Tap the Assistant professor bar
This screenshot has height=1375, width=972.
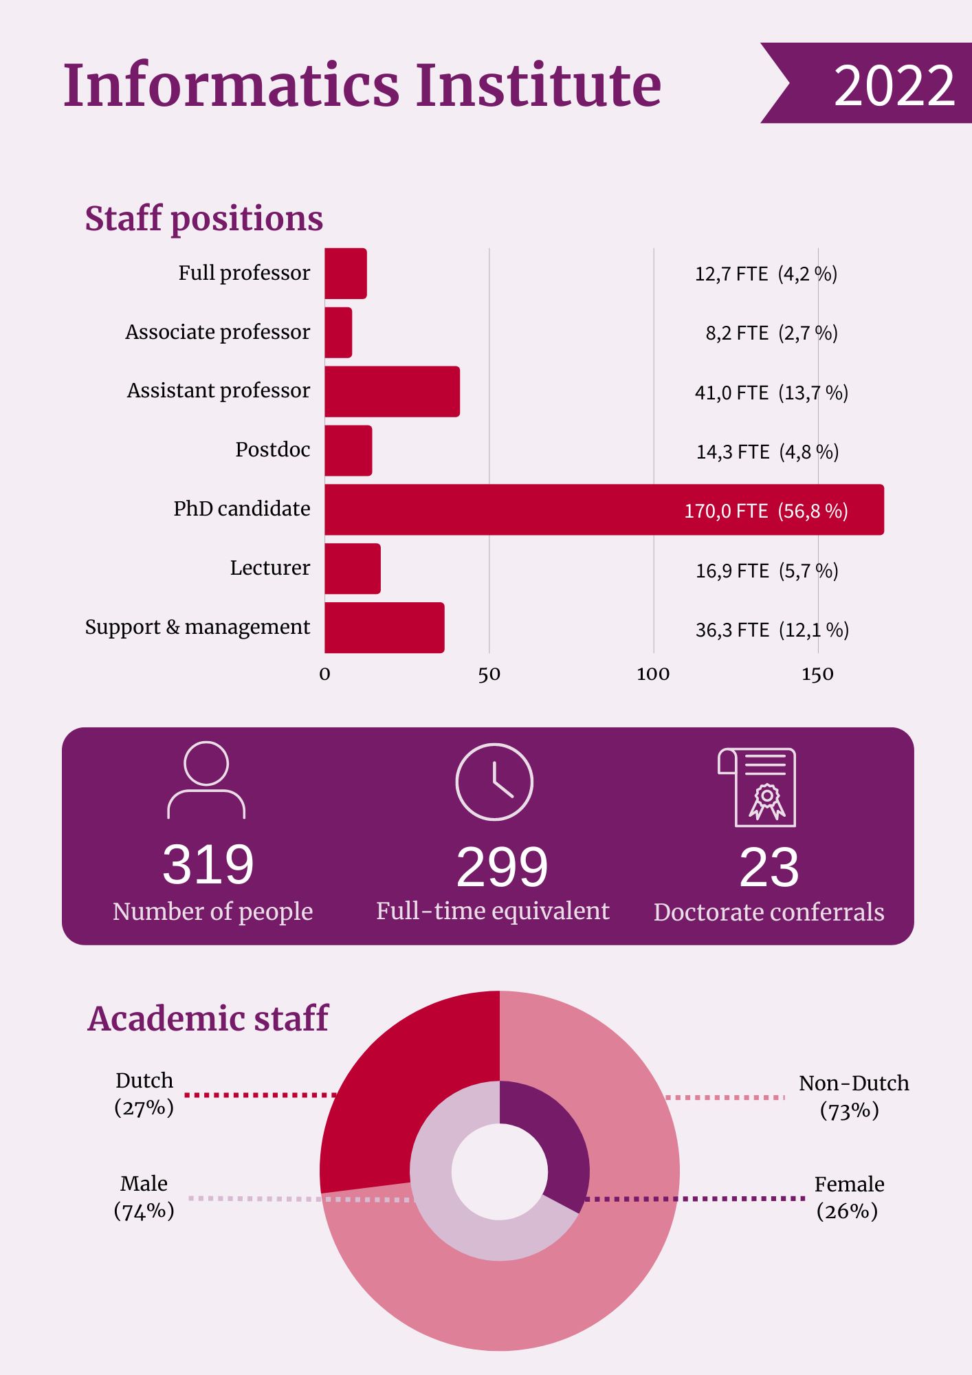pos(392,391)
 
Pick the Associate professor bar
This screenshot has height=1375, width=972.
pos(338,332)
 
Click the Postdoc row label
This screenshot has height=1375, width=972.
pos(272,450)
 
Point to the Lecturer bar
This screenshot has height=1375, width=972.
pos(352,569)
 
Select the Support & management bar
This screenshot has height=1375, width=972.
pos(384,627)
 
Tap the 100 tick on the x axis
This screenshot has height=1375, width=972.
pos(652,674)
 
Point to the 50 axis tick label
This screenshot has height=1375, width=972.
pos(489,674)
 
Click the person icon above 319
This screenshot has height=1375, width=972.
pos(206,780)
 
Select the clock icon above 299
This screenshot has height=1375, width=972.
pos(494,782)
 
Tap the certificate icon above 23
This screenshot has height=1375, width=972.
pos(758,787)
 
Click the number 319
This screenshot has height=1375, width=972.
pos(208,864)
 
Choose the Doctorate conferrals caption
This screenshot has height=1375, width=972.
pos(769,912)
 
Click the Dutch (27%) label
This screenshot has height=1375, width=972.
pos(144,1094)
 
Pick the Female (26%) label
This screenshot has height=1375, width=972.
pos(848,1197)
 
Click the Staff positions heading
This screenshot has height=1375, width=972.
pos(203,219)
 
